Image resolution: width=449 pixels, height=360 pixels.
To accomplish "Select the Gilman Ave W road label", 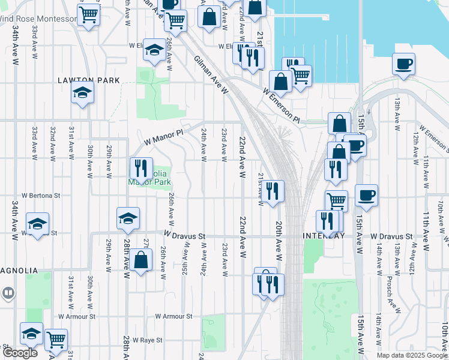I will pos(212,76).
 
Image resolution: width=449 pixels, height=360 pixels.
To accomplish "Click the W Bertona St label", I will pos(41,195).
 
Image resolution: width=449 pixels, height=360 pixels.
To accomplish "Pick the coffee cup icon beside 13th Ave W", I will pos(403,63).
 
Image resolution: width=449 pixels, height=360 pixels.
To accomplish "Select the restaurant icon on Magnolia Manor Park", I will pos(141,167).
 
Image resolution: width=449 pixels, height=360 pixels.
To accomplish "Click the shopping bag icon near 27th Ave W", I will pos(141,261).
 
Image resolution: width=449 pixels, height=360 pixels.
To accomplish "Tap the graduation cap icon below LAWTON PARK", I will pos(82,94).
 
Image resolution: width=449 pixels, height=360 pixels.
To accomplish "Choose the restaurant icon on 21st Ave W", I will pos(273,191).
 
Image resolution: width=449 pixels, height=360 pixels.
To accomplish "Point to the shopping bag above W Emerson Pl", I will pos(280,81).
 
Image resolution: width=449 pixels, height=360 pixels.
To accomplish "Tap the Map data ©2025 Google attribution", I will pos(412,355).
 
